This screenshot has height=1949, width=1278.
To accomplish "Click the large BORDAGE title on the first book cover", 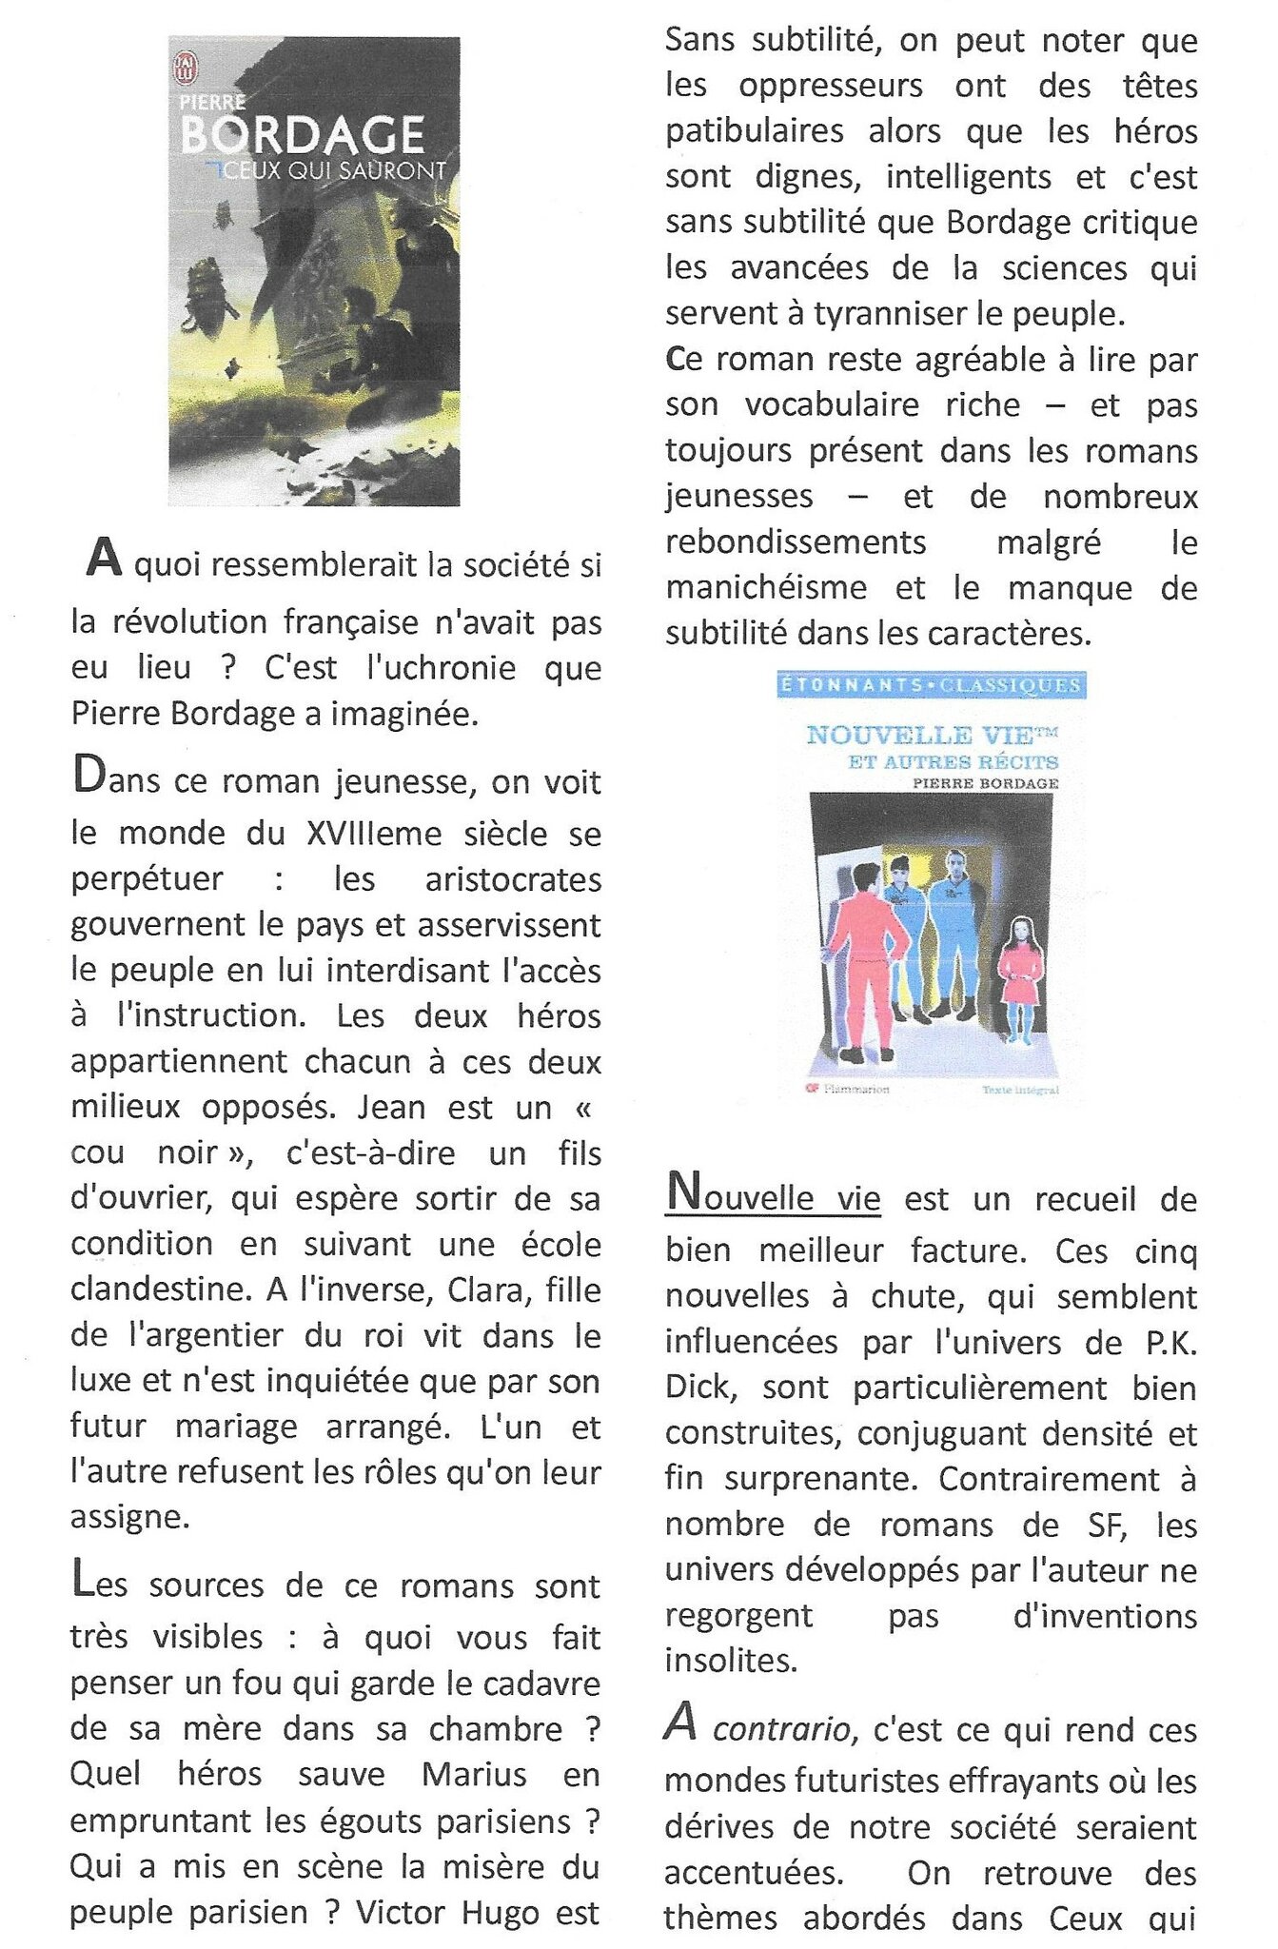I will [x=303, y=136].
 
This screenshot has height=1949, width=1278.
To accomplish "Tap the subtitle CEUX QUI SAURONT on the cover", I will [x=324, y=172].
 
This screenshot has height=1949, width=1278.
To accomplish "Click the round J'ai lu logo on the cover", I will [x=186, y=68].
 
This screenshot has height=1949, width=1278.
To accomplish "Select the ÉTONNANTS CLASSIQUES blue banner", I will [x=932, y=684].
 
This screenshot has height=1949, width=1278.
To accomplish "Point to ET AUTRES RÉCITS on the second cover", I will [x=954, y=761].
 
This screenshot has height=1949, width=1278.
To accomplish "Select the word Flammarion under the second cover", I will [x=855, y=1089].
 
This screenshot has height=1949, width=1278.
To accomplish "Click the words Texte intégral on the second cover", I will [x=1020, y=1090].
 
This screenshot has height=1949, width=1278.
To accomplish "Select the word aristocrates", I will [x=513, y=879].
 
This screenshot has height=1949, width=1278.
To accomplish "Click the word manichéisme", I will [x=766, y=587].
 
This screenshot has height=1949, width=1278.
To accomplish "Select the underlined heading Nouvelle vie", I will [x=774, y=1195].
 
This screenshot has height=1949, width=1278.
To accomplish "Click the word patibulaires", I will [x=755, y=130].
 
